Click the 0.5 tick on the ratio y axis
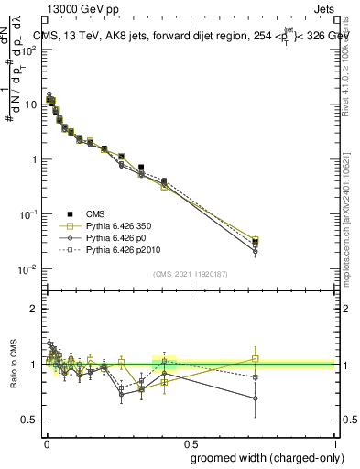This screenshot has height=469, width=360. (29, 420)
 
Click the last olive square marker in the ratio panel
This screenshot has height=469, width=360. (256, 358)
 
